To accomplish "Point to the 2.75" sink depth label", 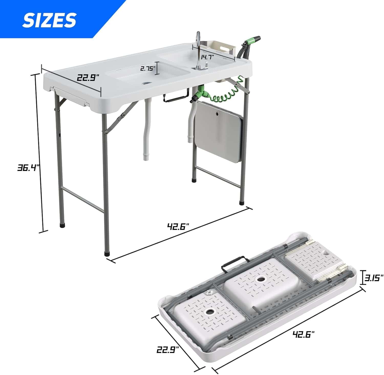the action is (x=148, y=69).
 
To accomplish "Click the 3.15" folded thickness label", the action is (x=374, y=278).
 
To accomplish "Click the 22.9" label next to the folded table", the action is (x=168, y=349).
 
